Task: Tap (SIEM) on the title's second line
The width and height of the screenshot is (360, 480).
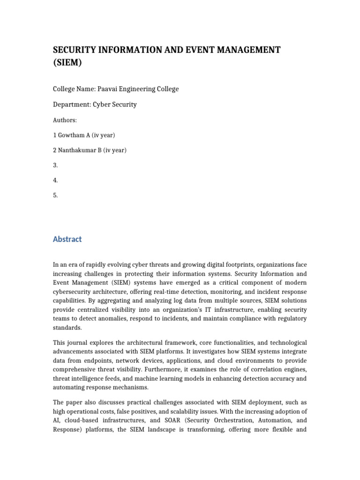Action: pos(67,63)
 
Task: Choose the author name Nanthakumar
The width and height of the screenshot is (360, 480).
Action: pos(77,150)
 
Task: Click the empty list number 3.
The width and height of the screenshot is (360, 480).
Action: pos(56,165)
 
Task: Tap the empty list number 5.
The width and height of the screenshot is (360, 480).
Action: pos(56,195)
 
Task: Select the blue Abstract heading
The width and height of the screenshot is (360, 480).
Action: pos(67,239)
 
